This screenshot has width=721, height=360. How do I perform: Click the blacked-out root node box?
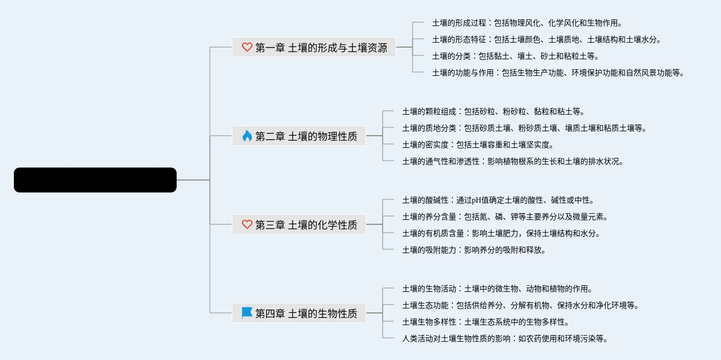pyautogui.click(x=95, y=180)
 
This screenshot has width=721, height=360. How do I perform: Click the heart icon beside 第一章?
pyautogui.click(x=247, y=48)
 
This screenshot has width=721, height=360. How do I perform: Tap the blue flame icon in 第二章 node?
pyautogui.click(x=247, y=136)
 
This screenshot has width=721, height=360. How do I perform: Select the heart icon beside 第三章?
pyautogui.click(x=247, y=224)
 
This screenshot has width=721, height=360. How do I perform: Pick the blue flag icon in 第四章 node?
pyautogui.click(x=247, y=313)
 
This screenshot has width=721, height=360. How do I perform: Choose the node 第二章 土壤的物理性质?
pyautogui.click(x=306, y=136)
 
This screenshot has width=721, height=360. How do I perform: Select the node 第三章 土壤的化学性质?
pyautogui.click(x=306, y=224)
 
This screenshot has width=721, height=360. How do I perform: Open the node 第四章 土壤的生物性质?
pyautogui.click(x=306, y=313)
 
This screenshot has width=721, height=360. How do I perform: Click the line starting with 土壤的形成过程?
pyautogui.click(x=527, y=23)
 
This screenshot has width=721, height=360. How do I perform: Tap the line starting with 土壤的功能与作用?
pyautogui.click(x=558, y=73)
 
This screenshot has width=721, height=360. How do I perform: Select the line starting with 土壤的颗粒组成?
pyautogui.click(x=493, y=111)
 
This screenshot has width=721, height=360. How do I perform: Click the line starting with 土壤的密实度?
pyautogui.click(x=477, y=145)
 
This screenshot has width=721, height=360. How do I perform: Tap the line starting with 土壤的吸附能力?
pyautogui.click(x=474, y=250)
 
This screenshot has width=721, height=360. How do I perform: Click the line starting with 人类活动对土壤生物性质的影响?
pyautogui.click(x=504, y=338)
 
